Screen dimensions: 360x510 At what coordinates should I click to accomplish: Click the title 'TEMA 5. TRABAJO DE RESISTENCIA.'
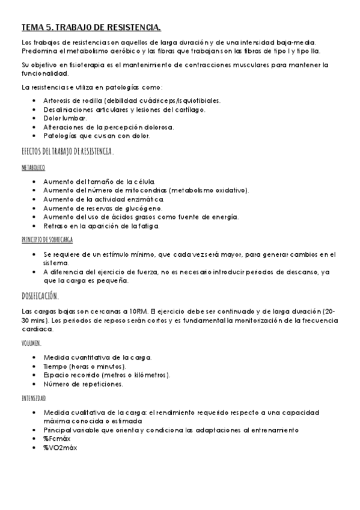click(91, 28)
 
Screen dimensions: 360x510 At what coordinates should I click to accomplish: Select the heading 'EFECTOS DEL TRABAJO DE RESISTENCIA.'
click(67, 152)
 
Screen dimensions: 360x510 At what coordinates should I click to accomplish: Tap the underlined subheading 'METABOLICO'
click(33, 168)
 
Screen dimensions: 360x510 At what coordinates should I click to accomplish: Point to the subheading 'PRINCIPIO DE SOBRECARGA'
click(47, 239)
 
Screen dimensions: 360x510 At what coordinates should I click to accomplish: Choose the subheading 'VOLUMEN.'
click(31, 343)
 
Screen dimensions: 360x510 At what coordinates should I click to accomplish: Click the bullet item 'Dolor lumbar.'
click(65, 118)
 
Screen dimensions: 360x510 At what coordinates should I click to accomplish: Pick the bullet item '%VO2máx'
click(60, 447)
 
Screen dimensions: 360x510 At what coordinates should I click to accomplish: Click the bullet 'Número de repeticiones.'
click(84, 384)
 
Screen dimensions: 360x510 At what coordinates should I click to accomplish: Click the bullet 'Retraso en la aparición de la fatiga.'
click(102, 226)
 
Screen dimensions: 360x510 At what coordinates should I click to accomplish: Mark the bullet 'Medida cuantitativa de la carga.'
click(97, 357)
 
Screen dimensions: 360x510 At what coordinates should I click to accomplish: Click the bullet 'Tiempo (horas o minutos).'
click(85, 366)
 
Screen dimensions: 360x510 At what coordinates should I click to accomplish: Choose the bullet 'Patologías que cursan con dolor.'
click(97, 136)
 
